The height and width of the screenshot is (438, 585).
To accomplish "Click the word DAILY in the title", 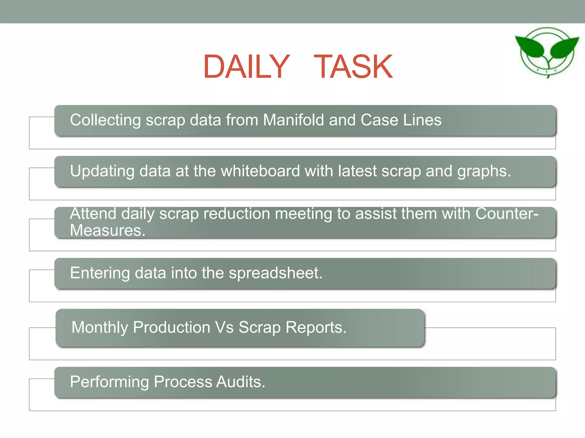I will tap(246, 67).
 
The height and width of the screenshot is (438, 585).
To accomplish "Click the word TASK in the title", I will tap(353, 67).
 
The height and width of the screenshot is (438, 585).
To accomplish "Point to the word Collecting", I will tap(105, 120).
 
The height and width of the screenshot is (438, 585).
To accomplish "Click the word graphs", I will tap(484, 171).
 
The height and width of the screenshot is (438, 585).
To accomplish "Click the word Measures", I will tap(107, 230).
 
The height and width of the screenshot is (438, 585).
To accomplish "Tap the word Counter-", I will tap(507, 214).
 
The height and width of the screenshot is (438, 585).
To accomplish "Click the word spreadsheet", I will tap(275, 273).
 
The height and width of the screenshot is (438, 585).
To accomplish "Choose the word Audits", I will tap(241, 382).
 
